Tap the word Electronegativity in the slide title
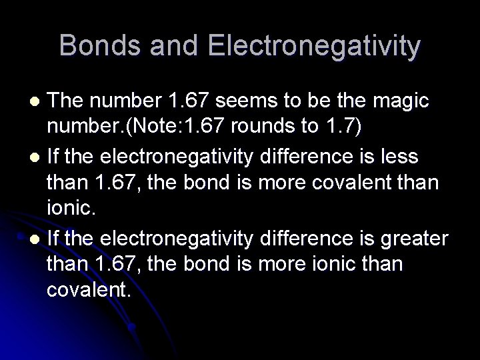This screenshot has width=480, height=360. coord(314,46)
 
